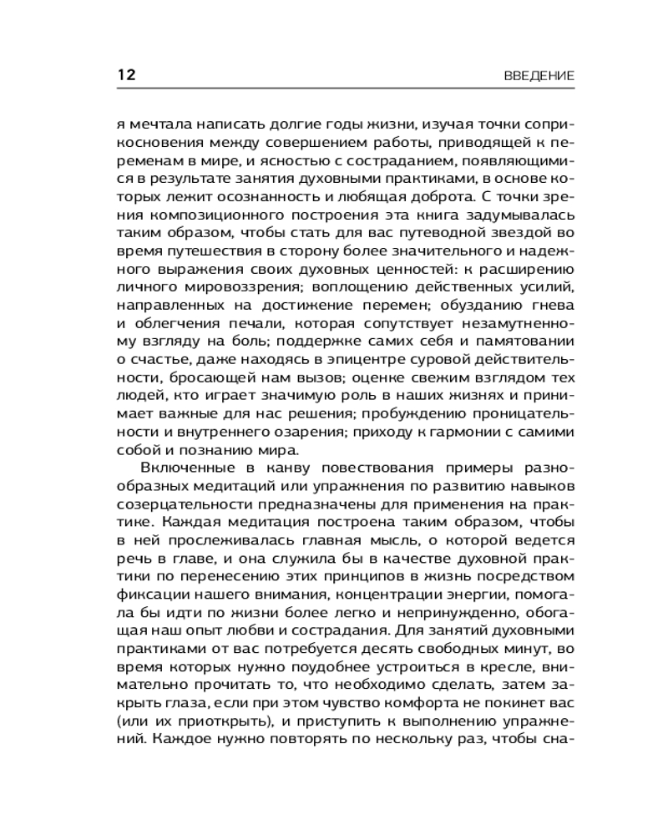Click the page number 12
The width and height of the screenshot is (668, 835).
(x=125, y=74)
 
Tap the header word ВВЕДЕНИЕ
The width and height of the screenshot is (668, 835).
(x=539, y=75)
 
